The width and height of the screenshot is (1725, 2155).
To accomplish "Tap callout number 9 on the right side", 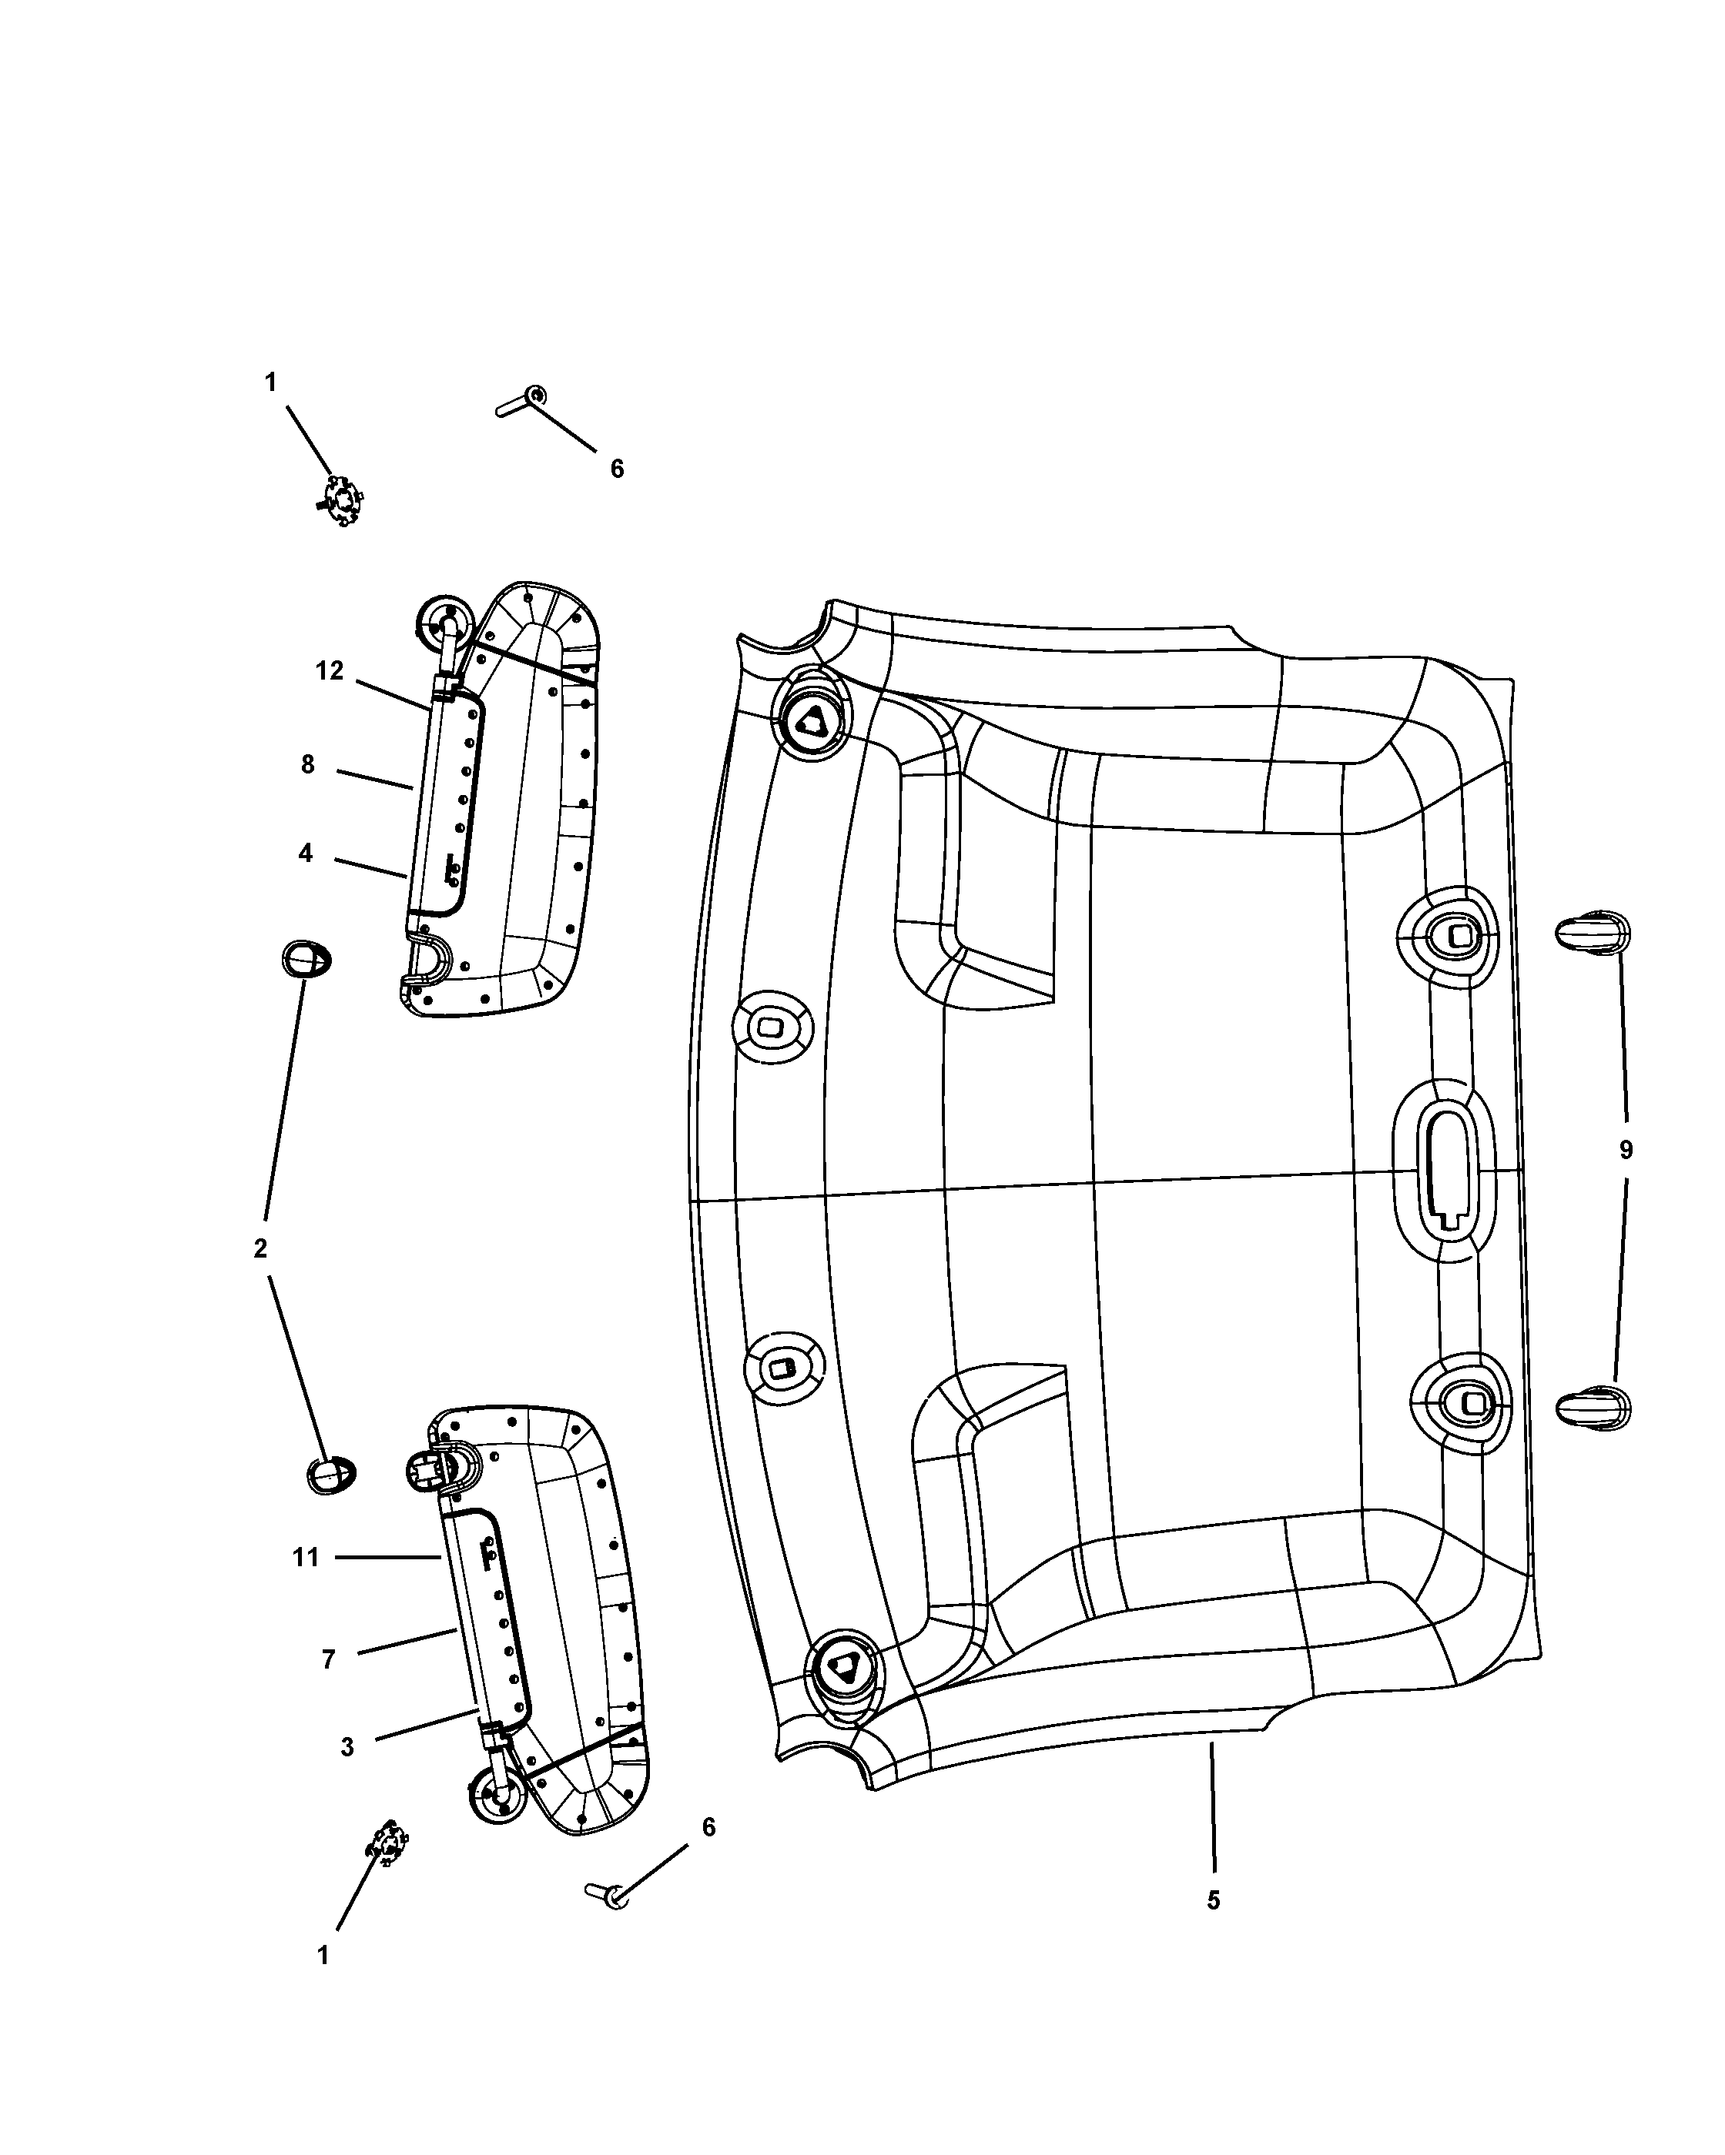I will (1625, 1151).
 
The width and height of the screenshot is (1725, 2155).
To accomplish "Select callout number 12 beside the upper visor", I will (330, 670).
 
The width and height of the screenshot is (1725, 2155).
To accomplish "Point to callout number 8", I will (307, 765).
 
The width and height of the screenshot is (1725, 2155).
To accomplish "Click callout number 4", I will (305, 853).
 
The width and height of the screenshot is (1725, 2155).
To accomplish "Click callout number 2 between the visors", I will (260, 1248).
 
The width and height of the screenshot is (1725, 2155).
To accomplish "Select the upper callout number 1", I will (270, 382).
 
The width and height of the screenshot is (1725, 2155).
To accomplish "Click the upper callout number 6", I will (617, 468).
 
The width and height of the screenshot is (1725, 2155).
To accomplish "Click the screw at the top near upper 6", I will (522, 402).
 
